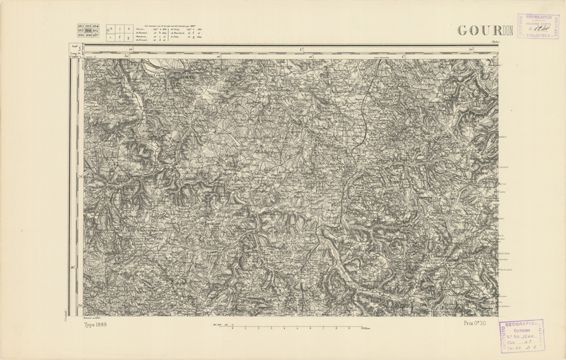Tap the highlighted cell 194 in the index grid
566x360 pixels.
click(x=86, y=30)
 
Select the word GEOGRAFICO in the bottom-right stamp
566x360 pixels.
click(x=521, y=324)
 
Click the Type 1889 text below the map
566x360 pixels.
click(x=96, y=324)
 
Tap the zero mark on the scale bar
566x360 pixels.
click(x=232, y=327)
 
